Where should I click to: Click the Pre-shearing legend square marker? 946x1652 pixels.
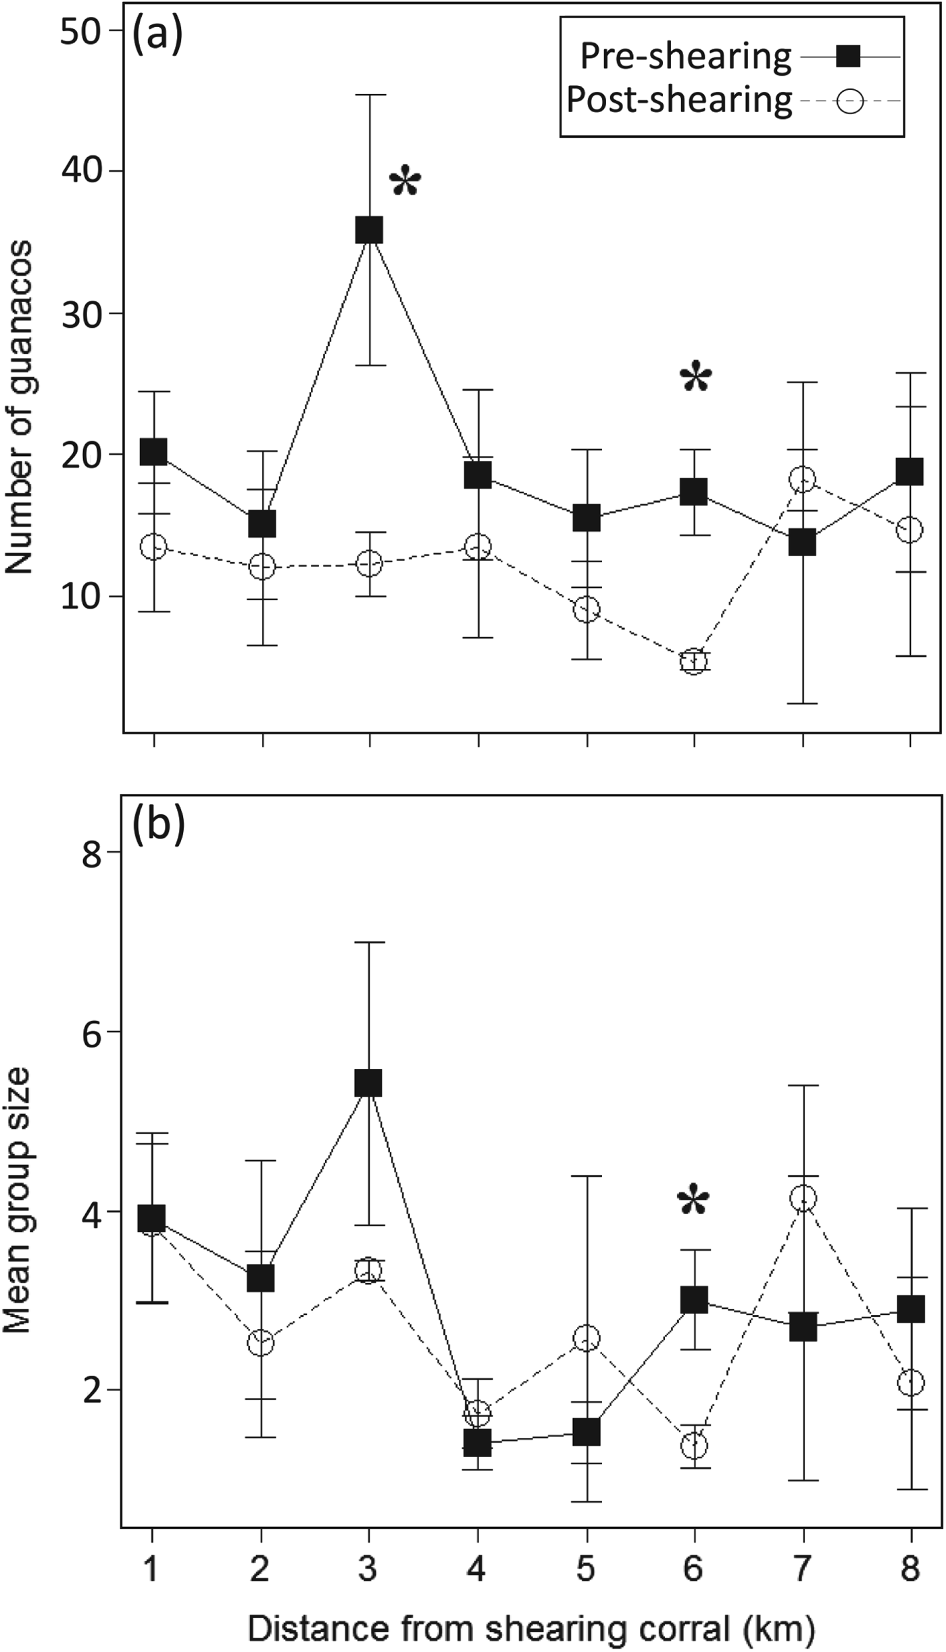click(x=848, y=56)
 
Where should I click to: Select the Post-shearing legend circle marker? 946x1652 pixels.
click(x=849, y=101)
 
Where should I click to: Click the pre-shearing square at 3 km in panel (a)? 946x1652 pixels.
click(x=370, y=230)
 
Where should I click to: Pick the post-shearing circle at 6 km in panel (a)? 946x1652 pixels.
click(x=694, y=661)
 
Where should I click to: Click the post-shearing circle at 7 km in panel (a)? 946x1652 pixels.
click(x=803, y=480)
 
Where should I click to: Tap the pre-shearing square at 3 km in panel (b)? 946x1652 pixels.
click(x=368, y=1083)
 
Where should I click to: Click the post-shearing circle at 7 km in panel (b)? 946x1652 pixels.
click(x=803, y=1199)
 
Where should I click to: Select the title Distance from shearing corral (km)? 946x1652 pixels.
click(x=531, y=1625)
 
